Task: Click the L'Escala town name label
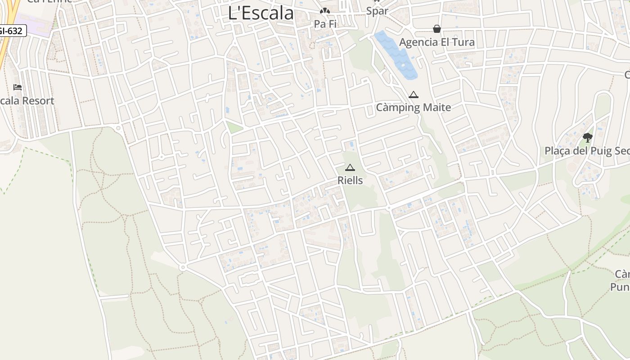point(261,13)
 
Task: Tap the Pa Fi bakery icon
point(325,11)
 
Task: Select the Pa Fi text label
point(325,24)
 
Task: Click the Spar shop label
point(377,11)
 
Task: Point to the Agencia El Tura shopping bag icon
point(436,29)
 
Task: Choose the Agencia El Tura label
point(436,42)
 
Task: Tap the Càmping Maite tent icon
point(413,95)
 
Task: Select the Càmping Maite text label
point(413,107)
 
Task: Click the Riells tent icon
point(350,168)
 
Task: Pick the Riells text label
point(350,180)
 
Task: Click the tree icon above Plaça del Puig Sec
point(587,138)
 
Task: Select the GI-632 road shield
point(12,31)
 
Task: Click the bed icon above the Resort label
point(18,87)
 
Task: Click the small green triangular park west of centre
point(233,127)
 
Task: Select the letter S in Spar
point(369,11)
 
